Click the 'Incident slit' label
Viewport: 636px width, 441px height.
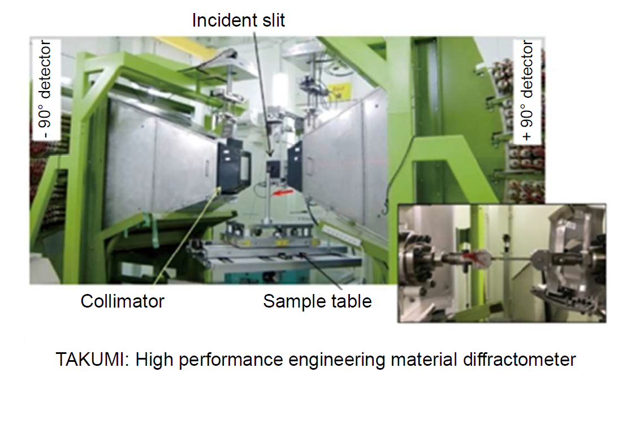click(x=238, y=20)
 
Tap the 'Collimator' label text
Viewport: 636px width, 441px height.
click(x=123, y=301)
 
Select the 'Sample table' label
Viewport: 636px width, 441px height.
click(x=317, y=301)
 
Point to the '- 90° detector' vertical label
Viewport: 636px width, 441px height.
click(x=45, y=90)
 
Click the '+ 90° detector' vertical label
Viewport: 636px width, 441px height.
click(x=527, y=90)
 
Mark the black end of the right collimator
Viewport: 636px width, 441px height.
click(x=295, y=166)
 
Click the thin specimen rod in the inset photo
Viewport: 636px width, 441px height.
click(x=512, y=258)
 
